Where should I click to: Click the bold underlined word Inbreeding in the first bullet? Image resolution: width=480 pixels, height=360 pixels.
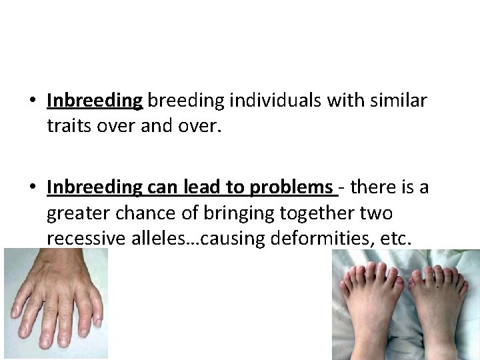pos(95,101)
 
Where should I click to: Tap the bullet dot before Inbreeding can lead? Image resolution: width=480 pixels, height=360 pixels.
pos(32,189)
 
